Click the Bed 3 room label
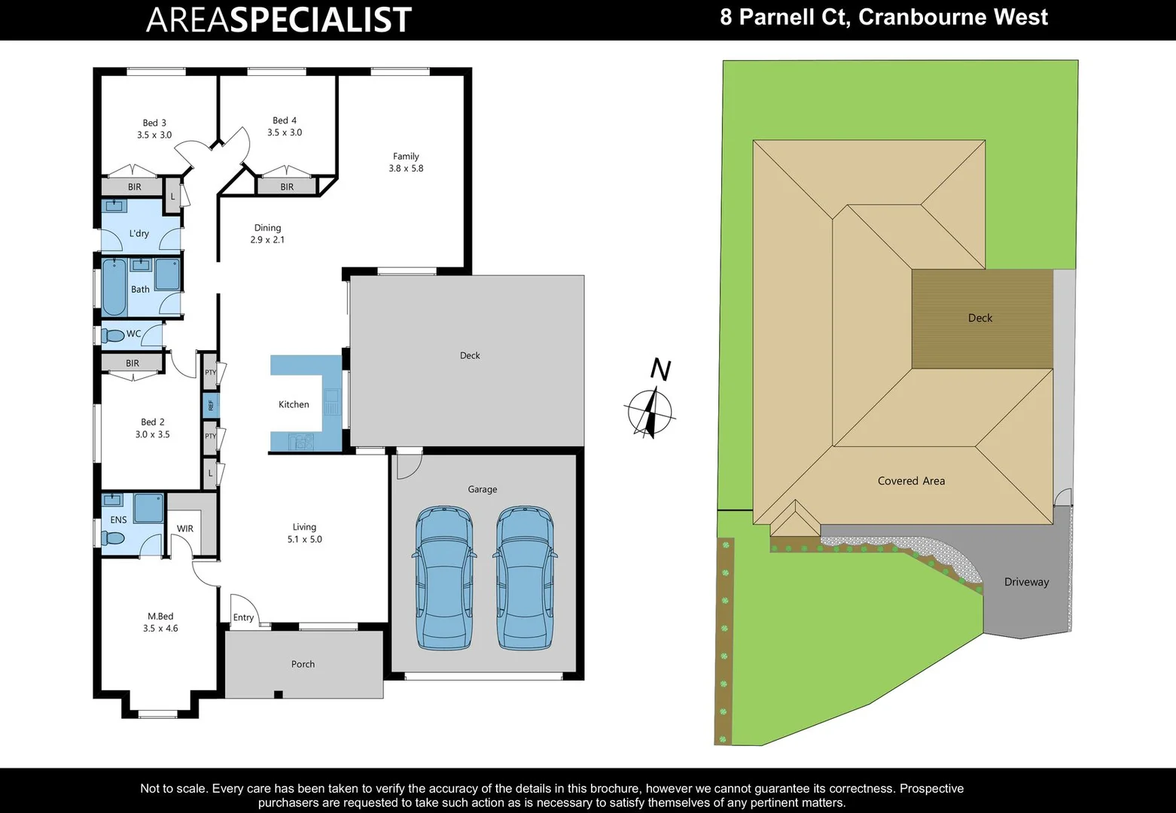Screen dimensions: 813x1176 [154, 123]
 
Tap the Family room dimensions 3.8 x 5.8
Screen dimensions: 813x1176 [406, 169]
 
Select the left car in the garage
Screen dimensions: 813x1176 [444, 577]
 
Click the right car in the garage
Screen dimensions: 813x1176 [525, 577]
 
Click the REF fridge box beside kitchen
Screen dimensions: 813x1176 [211, 405]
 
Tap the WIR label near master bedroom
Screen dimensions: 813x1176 [185, 529]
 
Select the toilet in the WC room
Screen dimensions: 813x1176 [113, 335]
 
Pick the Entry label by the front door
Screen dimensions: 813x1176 [243, 617]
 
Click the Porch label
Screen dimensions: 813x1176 [303, 664]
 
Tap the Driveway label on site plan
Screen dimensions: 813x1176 [1026, 582]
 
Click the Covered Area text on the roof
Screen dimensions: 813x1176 [911, 481]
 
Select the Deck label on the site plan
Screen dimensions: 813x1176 [979, 318]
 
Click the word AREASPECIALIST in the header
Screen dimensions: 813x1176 [279, 20]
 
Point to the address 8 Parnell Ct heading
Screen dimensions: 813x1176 [883, 17]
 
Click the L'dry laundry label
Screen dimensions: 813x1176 [139, 233]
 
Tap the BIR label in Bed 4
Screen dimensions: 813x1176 [287, 187]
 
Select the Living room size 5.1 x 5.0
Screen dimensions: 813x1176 [304, 539]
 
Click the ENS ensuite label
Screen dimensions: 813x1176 [118, 519]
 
